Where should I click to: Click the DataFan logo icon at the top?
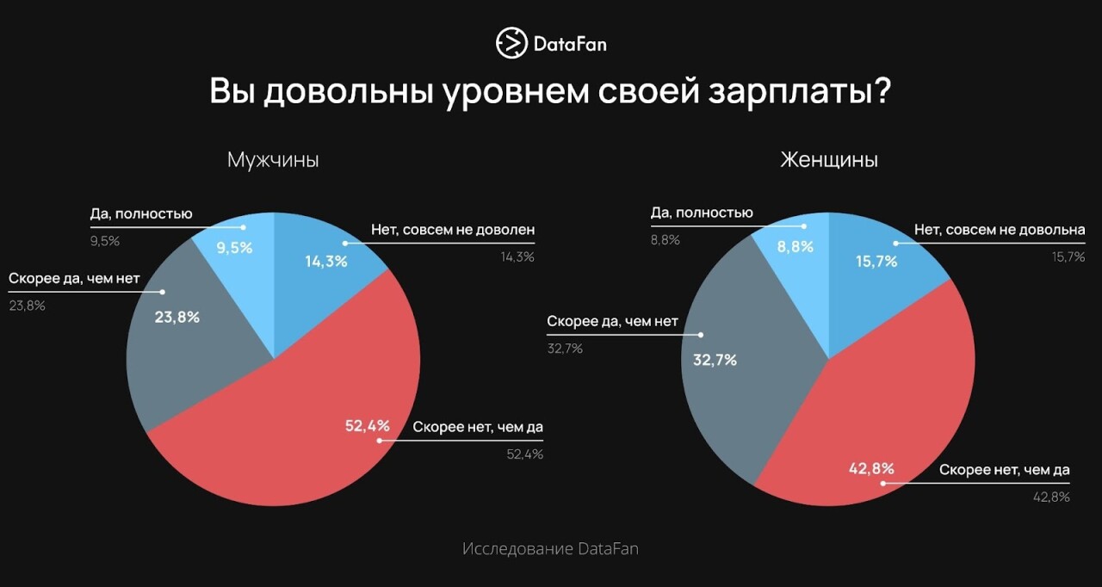click(511, 43)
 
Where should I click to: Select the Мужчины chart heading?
click(273, 160)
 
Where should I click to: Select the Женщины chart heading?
click(828, 160)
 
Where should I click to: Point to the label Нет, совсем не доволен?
click(453, 230)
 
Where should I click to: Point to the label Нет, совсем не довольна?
click(999, 230)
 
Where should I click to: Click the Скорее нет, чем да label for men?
click(478, 427)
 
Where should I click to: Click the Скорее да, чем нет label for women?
click(612, 322)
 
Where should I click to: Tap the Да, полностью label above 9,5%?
click(141, 214)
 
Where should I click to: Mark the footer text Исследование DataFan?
click(550, 548)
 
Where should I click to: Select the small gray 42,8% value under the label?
click(1053, 497)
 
